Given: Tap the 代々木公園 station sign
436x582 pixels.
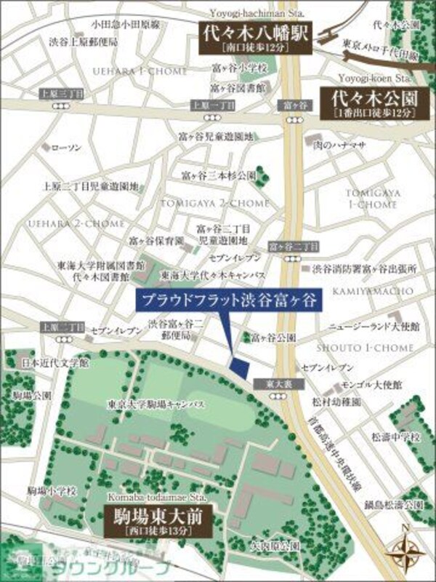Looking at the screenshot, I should pos(368,103).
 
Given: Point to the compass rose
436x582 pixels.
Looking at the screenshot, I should pos(408,551).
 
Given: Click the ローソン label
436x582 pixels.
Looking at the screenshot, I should pos(69,148).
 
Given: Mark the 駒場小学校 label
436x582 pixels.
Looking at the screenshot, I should pos(52,490).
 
